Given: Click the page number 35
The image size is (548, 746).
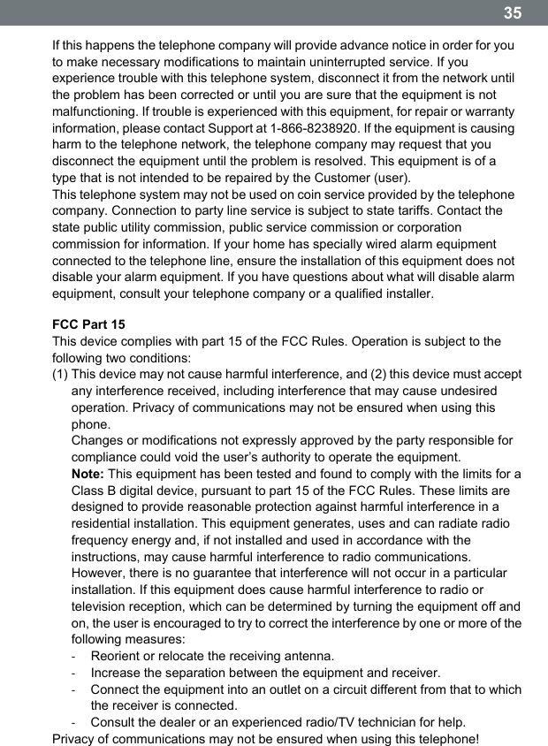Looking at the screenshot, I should tap(513, 12).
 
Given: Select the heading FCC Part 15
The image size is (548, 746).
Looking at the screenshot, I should tap(88, 324).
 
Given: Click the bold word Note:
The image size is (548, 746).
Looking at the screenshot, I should tap(88, 474).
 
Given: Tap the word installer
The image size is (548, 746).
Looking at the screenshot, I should tap(407, 293).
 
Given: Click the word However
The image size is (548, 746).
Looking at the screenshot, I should tap(101, 573).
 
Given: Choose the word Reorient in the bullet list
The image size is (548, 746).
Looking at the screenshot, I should tap(119, 656).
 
